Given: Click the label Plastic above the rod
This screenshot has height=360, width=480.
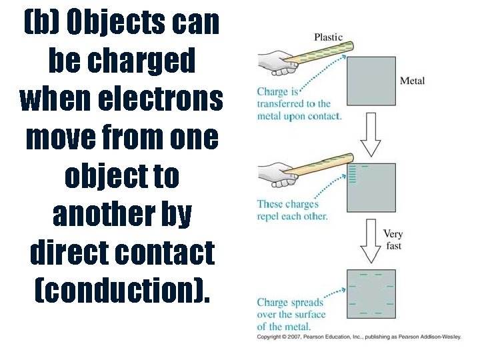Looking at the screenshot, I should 328,37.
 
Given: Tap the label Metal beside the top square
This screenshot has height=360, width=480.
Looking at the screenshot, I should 412,81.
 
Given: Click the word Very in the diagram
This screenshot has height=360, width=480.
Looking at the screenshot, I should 393,235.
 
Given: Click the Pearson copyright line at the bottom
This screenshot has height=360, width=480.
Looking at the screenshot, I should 359,337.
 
